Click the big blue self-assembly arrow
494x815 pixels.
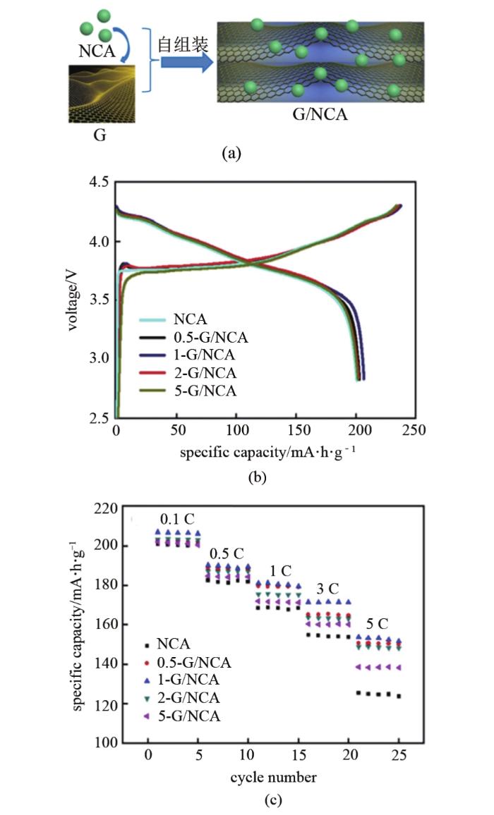click(186, 63)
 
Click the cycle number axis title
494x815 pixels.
click(273, 777)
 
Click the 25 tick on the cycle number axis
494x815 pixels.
click(399, 755)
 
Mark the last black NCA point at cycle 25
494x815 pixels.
click(399, 696)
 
